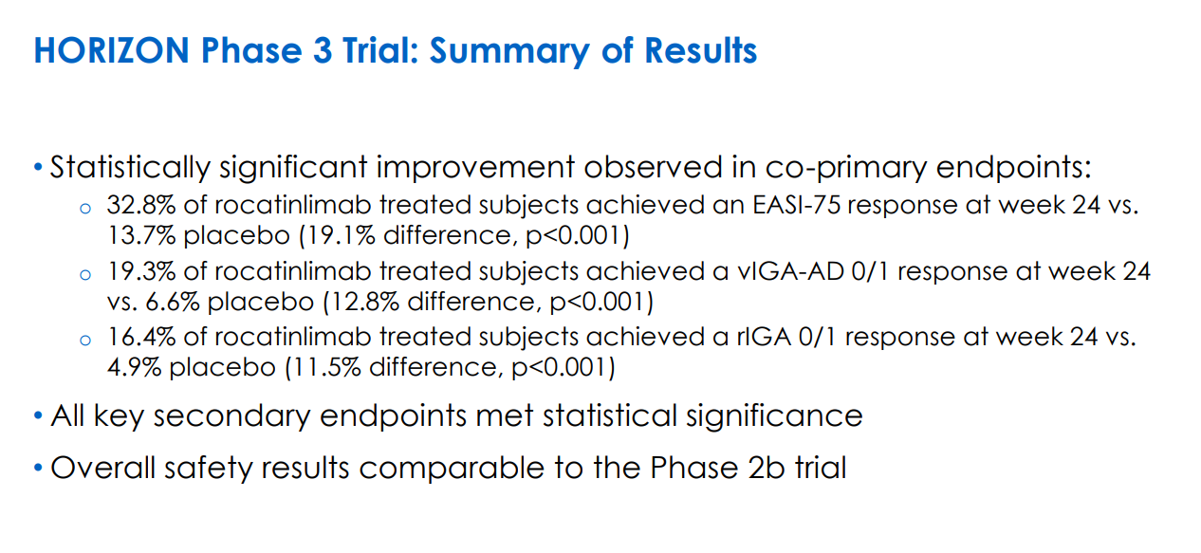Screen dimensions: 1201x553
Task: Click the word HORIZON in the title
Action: (112, 51)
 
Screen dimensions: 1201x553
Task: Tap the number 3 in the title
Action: (322, 51)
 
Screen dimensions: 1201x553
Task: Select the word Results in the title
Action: (700, 51)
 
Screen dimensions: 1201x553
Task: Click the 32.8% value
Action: (141, 205)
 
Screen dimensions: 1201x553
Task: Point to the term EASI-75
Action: (796, 205)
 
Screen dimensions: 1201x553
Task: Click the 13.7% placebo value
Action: (141, 235)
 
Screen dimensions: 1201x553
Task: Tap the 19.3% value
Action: (141, 271)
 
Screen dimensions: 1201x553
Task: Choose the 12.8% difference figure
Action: (364, 302)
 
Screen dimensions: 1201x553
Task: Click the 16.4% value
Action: (141, 337)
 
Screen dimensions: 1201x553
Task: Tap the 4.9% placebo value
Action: (134, 368)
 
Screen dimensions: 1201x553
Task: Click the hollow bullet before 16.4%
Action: (85, 341)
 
